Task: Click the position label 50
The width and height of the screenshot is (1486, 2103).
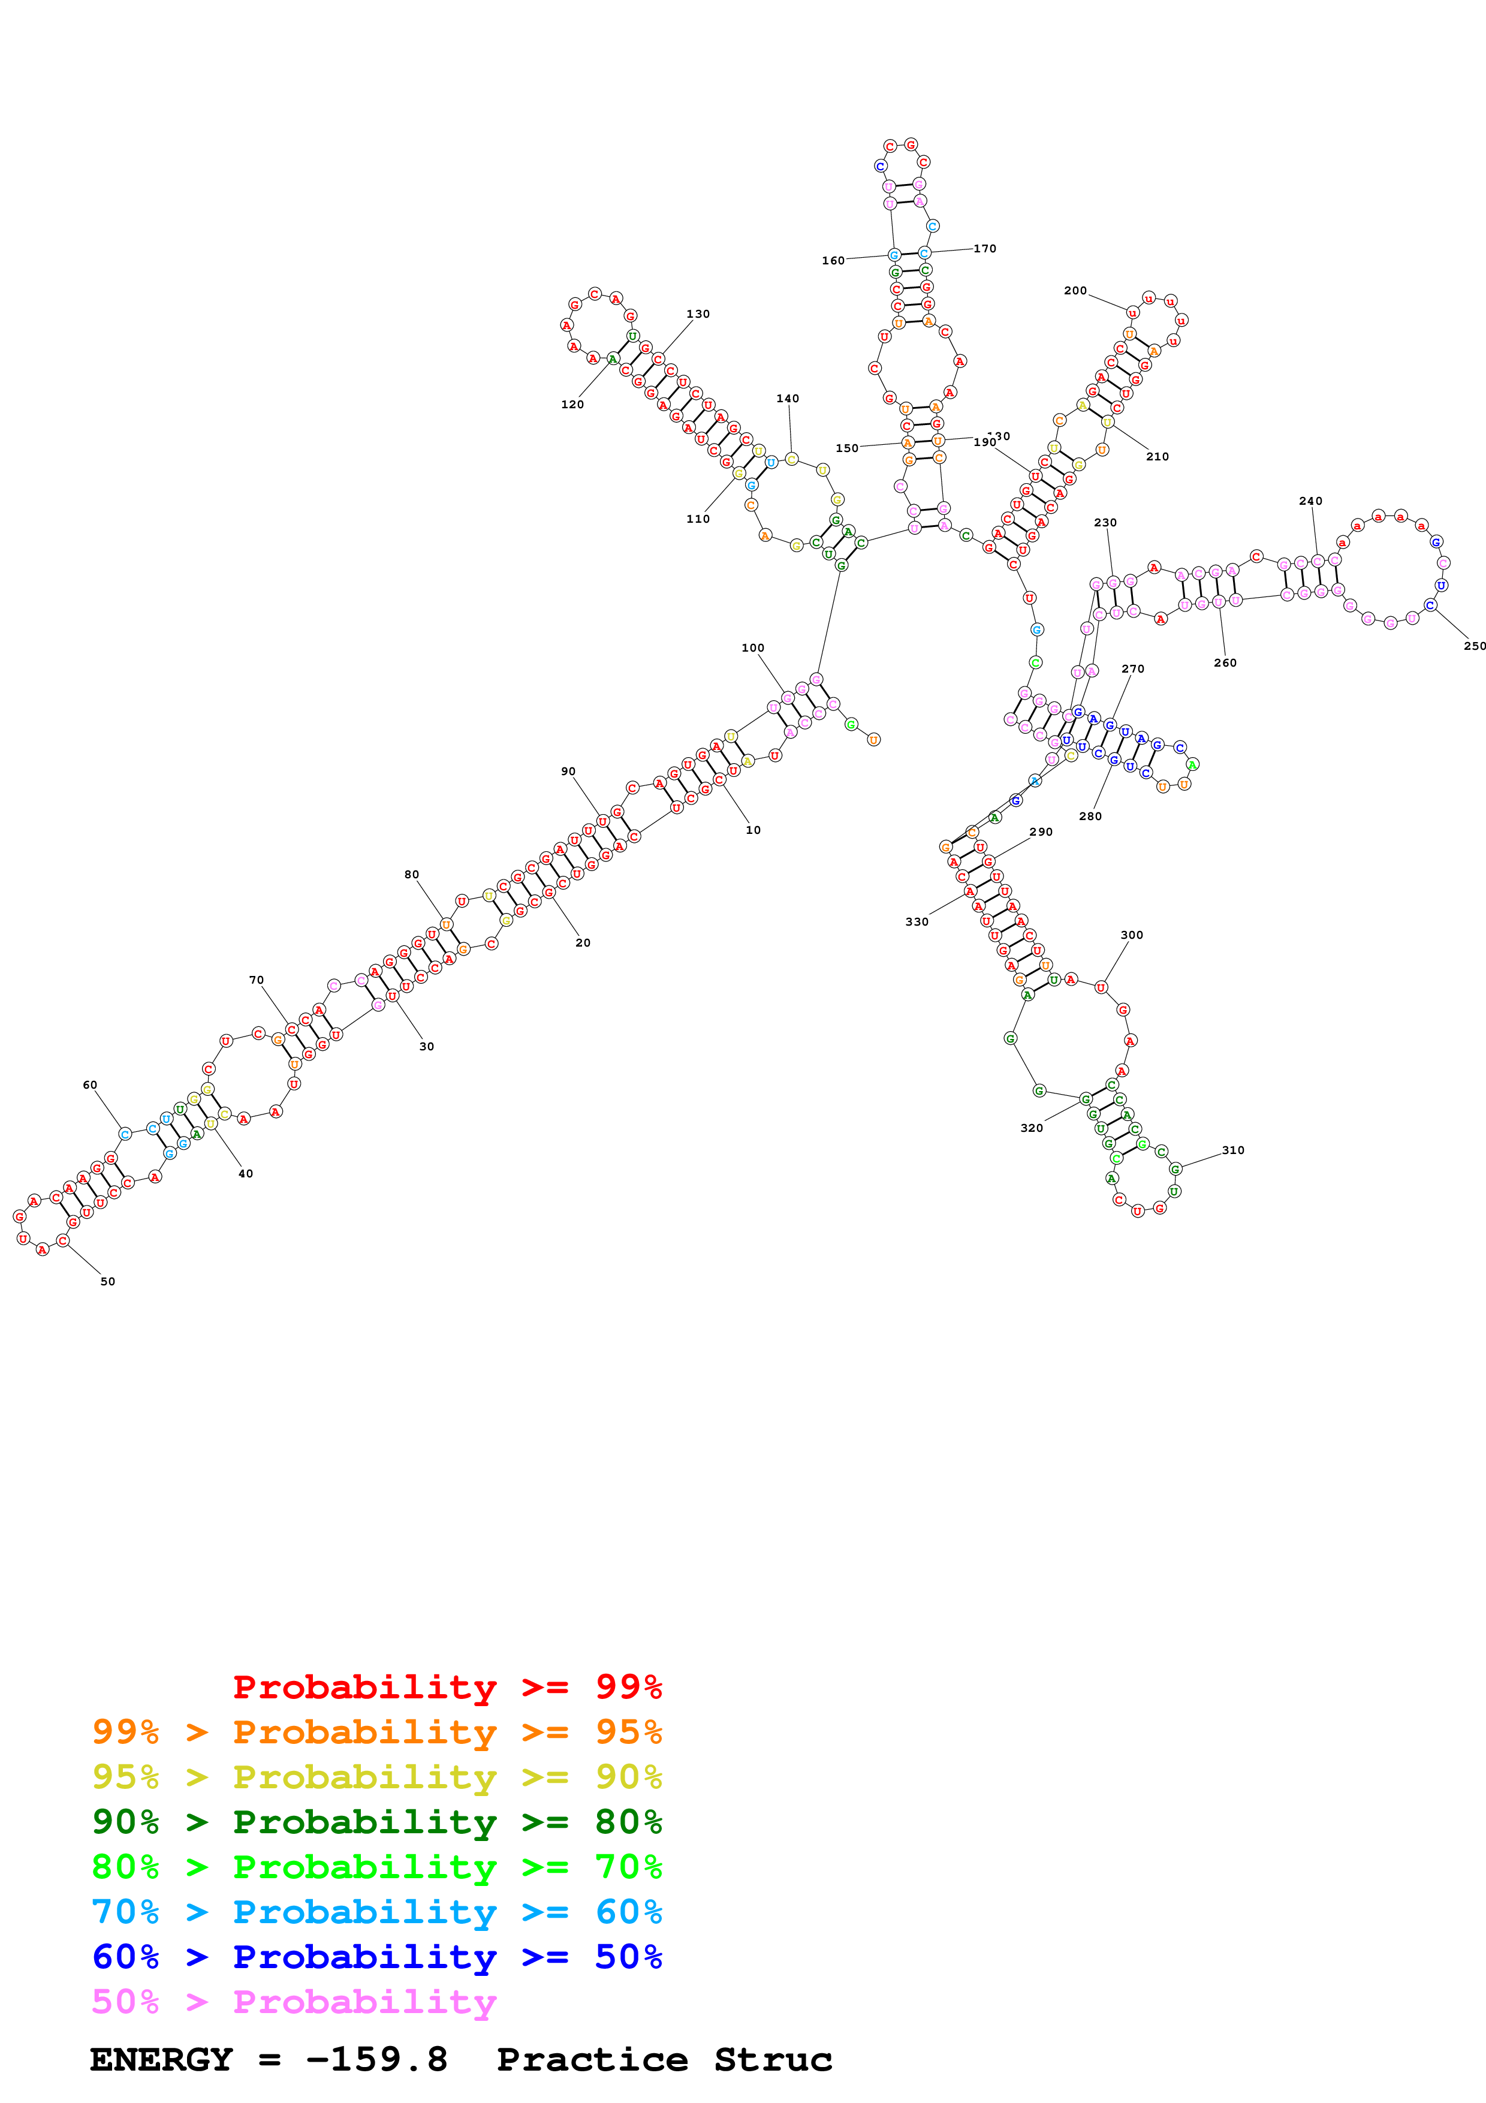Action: (108, 1281)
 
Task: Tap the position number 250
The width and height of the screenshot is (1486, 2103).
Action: (1474, 646)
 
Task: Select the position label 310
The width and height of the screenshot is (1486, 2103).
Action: (1232, 1150)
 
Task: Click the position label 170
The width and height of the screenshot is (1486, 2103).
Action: (984, 248)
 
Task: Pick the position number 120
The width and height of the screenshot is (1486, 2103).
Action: (572, 404)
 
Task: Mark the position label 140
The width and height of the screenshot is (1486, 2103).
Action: (788, 399)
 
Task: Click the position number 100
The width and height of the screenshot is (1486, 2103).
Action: (753, 647)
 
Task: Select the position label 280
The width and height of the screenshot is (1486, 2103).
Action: (1090, 816)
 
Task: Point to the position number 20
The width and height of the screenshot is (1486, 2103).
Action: (582, 942)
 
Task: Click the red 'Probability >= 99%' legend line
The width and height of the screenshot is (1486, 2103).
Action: (447, 1686)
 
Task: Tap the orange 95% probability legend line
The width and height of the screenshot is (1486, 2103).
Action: (376, 1731)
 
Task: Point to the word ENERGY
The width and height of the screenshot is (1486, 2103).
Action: (161, 2059)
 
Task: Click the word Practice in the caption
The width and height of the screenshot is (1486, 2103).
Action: (592, 2059)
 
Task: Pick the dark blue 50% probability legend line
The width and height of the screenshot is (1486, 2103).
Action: (376, 1957)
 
